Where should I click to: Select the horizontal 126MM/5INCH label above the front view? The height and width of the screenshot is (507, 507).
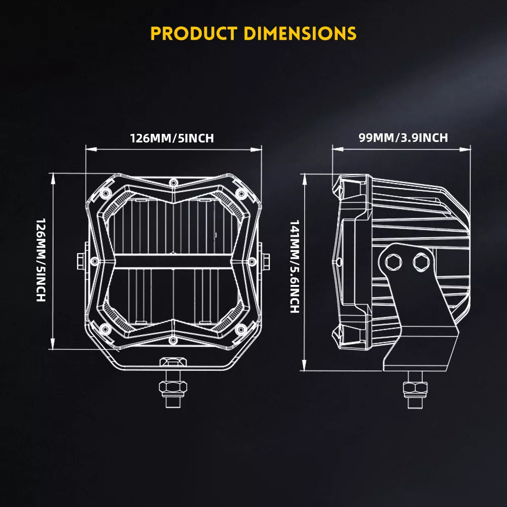(x=172, y=138)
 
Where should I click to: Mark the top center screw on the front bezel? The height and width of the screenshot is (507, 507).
(x=173, y=182)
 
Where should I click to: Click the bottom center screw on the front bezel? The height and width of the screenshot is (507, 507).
(x=173, y=339)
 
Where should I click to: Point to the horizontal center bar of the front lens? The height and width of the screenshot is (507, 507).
(x=173, y=261)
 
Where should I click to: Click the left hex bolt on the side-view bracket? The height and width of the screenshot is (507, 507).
(x=393, y=262)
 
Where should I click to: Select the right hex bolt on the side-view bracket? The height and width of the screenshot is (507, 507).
(x=420, y=262)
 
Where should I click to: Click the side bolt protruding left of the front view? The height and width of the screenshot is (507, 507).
(x=81, y=261)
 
